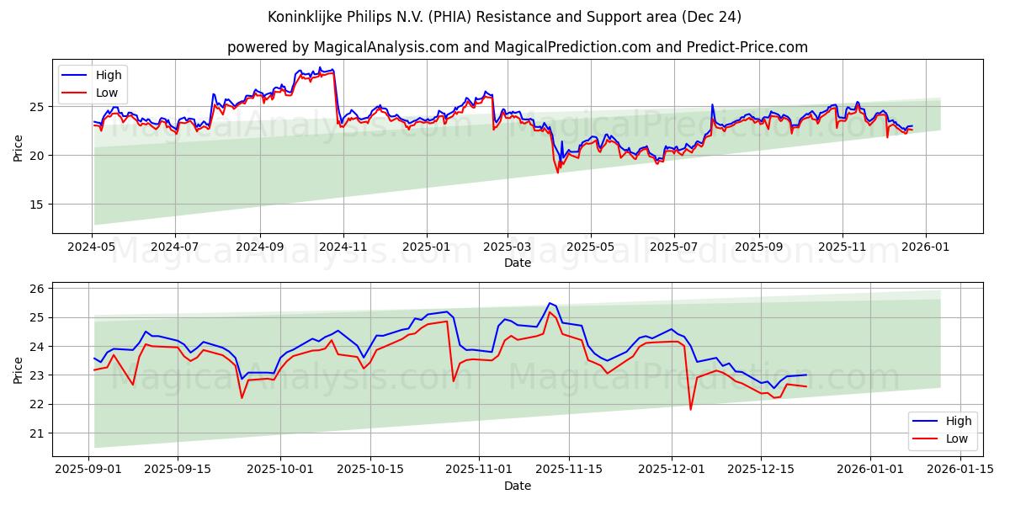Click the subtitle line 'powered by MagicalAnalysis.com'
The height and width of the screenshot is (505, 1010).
pos(517,47)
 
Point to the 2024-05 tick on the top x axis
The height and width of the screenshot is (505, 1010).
pos(93,248)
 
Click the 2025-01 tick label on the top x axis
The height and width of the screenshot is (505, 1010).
pos(426,248)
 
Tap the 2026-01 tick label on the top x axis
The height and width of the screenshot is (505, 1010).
pos(926,248)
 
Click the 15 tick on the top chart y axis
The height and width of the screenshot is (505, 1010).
pos(35,205)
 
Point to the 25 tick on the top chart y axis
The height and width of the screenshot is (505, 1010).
pos(35,107)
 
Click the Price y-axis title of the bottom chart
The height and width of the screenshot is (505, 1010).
pos(19,369)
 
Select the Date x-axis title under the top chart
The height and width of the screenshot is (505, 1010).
pos(517,263)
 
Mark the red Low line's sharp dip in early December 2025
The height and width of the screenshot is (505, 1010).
pos(691,409)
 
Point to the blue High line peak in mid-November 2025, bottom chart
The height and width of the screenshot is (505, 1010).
pos(549,303)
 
